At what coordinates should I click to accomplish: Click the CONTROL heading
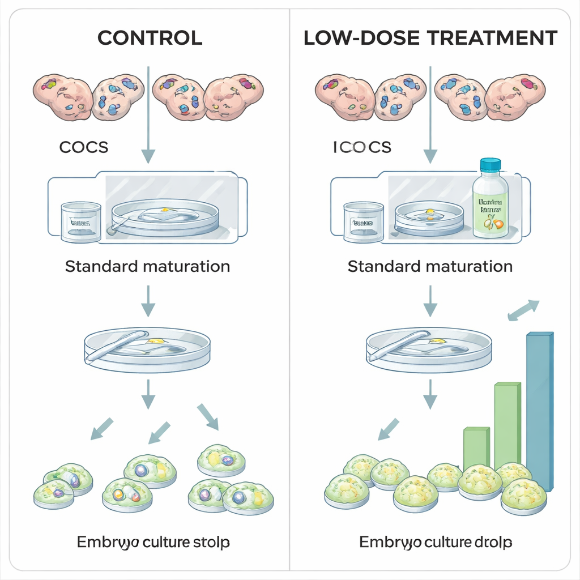pos(150,38)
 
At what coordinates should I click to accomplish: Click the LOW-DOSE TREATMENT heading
pos(430,38)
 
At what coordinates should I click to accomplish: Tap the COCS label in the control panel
pos(83,147)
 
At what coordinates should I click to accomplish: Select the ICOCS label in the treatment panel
pos(362,147)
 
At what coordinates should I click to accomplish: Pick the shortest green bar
pos(476,447)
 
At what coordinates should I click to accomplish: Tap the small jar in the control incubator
pos(81,222)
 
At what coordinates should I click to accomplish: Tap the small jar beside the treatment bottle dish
pos(363,222)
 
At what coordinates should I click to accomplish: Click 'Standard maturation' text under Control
pos(147,266)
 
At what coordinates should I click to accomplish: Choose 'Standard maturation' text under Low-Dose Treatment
pos(430,266)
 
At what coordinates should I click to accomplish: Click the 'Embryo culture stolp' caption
pos(153,542)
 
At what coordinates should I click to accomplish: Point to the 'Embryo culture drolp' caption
pos(436,542)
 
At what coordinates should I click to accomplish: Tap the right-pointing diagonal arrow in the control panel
pos(207,416)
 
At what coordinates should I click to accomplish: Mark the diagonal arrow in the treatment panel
pos(389,428)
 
